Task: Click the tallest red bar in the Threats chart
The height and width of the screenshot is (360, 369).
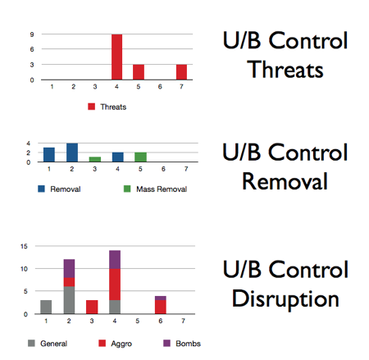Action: [117, 57]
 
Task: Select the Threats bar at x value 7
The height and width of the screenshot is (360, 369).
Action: [181, 72]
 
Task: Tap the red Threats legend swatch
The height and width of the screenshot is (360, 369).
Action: [92, 107]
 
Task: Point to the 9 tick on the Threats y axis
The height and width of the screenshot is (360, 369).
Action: [32, 34]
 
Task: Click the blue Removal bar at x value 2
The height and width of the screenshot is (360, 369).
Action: [72, 153]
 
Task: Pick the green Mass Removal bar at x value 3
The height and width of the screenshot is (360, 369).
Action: [95, 159]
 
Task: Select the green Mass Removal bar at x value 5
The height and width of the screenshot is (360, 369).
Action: [140, 157]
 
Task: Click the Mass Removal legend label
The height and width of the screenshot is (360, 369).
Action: [162, 189]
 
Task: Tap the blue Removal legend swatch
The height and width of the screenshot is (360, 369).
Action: [41, 189]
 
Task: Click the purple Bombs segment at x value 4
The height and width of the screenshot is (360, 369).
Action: [115, 259]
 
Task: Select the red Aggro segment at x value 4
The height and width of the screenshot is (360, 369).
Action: [115, 285]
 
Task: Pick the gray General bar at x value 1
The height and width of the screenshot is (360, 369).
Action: [46, 307]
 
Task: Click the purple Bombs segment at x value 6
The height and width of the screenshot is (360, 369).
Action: [161, 298]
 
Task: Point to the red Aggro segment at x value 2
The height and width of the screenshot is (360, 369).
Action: [69, 282]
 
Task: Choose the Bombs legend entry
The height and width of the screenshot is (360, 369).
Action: [182, 344]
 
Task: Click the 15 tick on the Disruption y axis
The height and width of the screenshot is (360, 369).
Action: [24, 246]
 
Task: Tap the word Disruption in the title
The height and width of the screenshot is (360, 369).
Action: [285, 298]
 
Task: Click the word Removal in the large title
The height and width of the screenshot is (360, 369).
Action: [285, 181]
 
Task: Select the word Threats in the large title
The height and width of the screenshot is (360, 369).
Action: [285, 69]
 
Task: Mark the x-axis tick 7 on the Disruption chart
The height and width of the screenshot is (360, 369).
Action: [183, 321]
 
